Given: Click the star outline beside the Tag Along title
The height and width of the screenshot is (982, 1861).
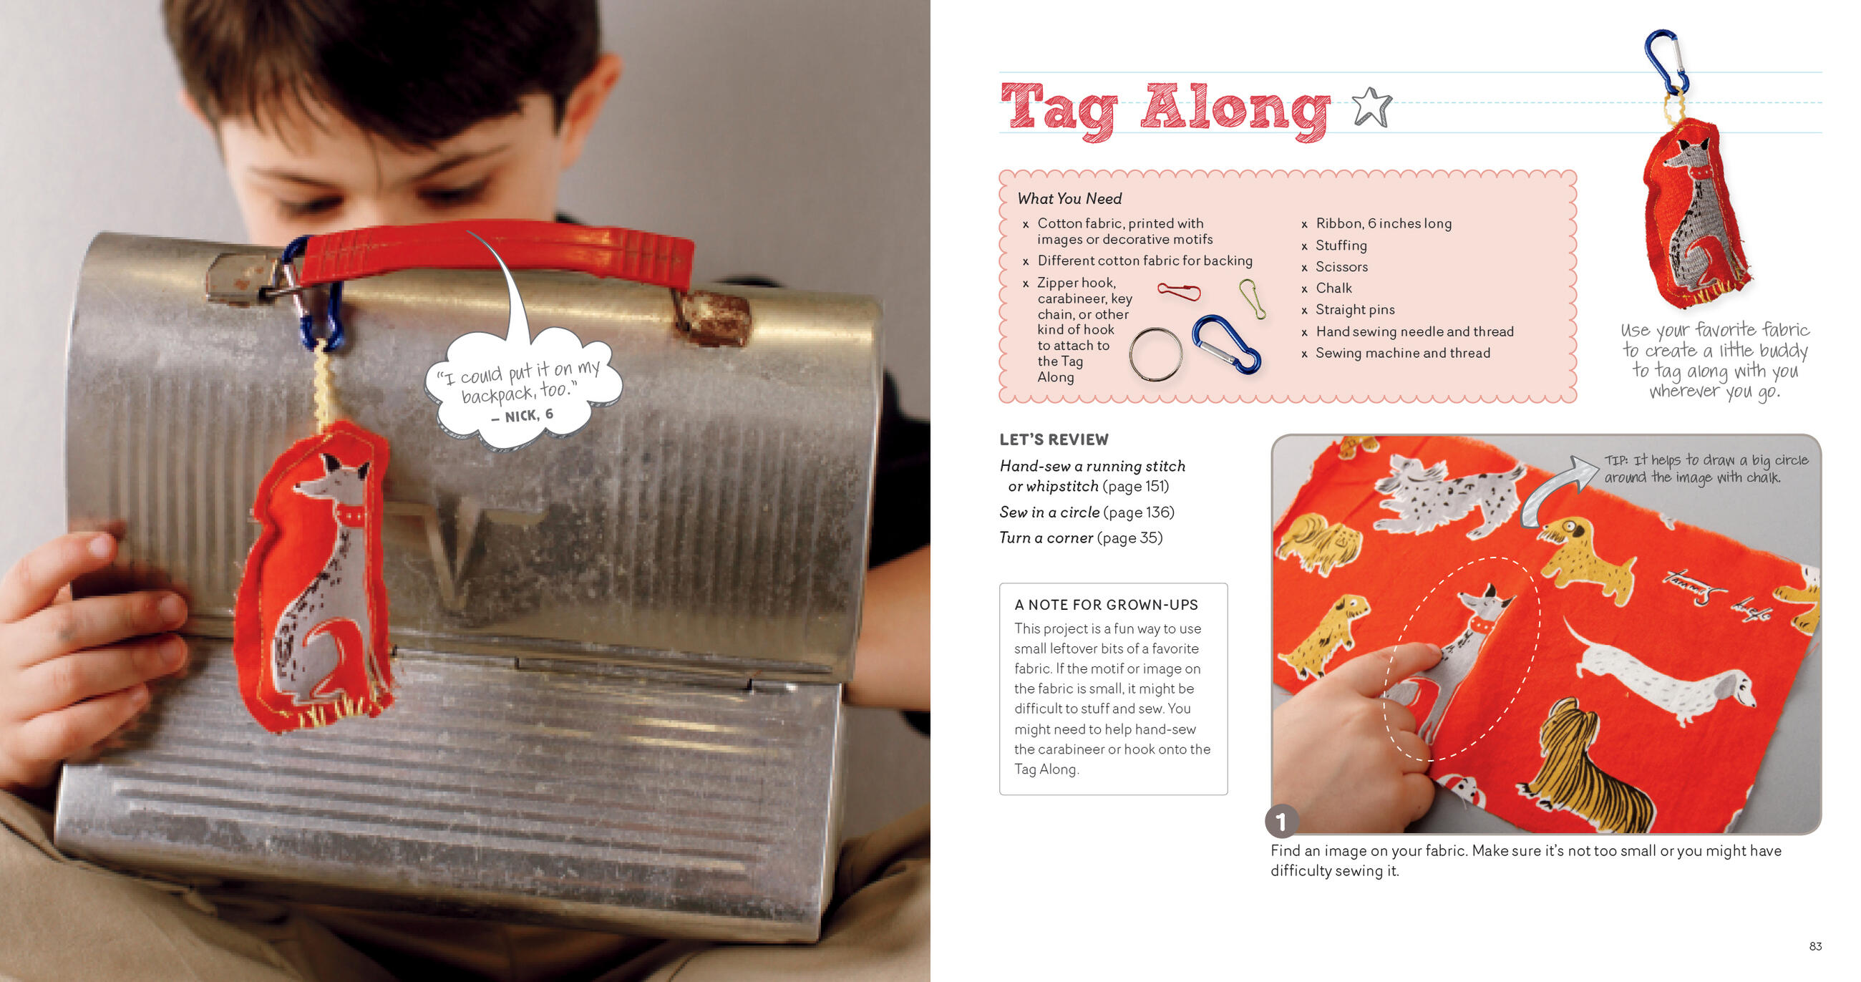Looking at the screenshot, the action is coord(1371,107).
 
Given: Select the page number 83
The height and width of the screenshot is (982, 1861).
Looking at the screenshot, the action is coord(1815,946).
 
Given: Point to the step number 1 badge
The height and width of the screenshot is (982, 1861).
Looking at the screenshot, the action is coord(1282,821).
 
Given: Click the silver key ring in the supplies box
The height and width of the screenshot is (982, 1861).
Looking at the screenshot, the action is coord(1156,354).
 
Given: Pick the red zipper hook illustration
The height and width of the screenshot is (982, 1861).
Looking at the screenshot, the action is coord(1178,291).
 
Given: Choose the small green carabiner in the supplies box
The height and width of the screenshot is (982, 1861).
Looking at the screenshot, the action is coord(1253,298).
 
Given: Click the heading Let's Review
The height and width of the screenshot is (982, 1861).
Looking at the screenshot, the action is coord(1054,439).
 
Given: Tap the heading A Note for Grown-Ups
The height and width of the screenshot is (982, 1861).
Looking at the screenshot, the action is coord(1105,605).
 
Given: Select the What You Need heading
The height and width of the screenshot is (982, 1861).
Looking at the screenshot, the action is coord(1069,199).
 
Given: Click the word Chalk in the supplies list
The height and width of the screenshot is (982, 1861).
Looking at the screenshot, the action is coord(1333,288).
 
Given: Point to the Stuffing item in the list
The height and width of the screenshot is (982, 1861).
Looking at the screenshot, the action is coord(1341,245).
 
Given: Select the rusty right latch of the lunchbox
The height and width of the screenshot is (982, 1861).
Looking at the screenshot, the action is coord(713,317).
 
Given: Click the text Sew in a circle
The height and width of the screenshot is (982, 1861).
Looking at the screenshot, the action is coord(1049,512).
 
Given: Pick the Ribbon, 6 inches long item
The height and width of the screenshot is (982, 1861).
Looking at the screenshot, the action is coord(1384,224).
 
